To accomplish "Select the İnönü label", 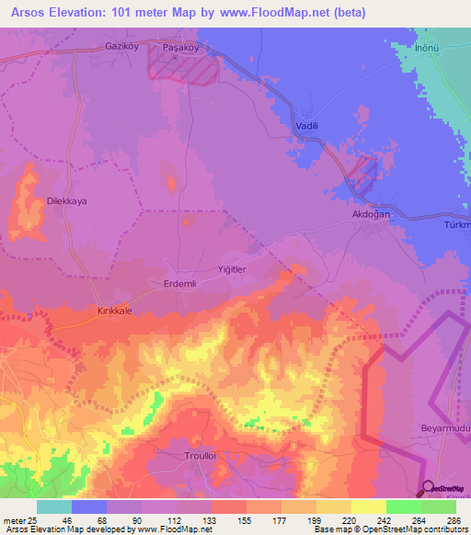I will coord(431,47).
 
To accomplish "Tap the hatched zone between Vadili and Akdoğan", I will coord(362,174).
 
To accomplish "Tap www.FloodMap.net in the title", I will coord(286,13).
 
